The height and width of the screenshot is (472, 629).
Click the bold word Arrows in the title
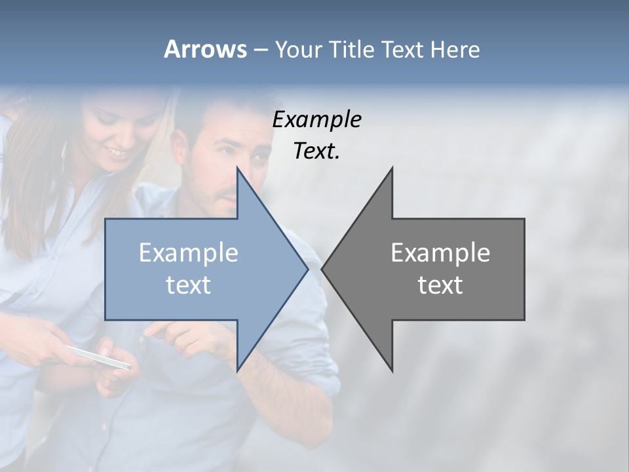point(205,49)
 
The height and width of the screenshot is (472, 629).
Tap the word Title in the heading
point(349,49)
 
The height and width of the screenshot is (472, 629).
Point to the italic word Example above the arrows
point(316,120)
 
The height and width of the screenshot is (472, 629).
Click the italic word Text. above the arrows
point(316,151)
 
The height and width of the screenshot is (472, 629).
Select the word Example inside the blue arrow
point(189,253)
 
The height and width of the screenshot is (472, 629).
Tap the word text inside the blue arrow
point(189,285)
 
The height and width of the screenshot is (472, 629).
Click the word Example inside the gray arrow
point(440,253)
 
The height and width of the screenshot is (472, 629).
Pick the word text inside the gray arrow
point(440,285)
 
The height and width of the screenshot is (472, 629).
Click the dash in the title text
point(260,50)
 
